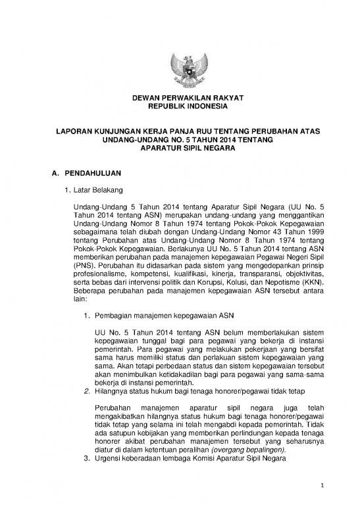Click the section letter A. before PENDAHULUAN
click(46, 174)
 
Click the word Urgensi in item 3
click(111, 461)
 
